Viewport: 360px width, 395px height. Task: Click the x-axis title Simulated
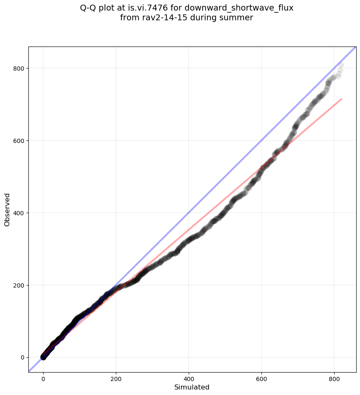pyautogui.click(x=192, y=387)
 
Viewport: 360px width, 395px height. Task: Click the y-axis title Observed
pyautogui.click(x=7, y=209)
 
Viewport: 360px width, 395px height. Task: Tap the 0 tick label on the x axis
pyautogui.click(x=43, y=379)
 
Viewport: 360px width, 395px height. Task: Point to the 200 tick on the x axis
pyautogui.click(x=116, y=379)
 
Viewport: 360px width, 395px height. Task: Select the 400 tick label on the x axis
pyautogui.click(x=189, y=379)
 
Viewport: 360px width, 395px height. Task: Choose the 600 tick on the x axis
pyautogui.click(x=261, y=379)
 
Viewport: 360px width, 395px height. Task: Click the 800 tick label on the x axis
pyautogui.click(x=334, y=379)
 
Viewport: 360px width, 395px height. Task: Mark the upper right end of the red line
pyautogui.click(x=341, y=99)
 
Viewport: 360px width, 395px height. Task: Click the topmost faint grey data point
pyautogui.click(x=341, y=65)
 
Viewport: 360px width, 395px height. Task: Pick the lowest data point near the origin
pyautogui.click(x=43, y=357)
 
